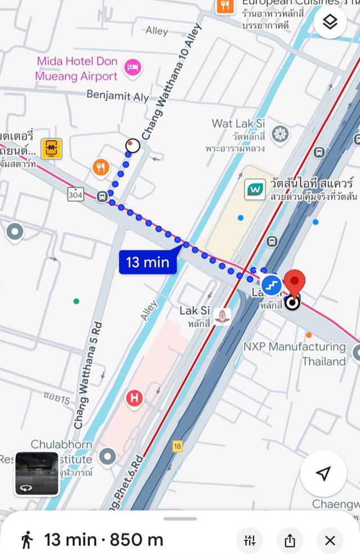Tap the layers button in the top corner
click(x=330, y=23)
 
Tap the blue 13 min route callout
click(x=148, y=262)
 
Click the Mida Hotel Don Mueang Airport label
click(x=76, y=69)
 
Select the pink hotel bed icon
click(x=133, y=68)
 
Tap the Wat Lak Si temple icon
click(x=280, y=135)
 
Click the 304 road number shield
click(x=76, y=194)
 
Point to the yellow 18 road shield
click(x=178, y=446)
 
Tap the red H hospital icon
click(x=134, y=398)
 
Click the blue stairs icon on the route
click(x=271, y=285)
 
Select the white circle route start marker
click(x=133, y=146)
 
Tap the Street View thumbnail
click(x=37, y=473)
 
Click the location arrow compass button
click(x=323, y=473)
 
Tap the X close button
click(x=330, y=541)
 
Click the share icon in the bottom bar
click(x=290, y=541)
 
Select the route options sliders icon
click(x=250, y=541)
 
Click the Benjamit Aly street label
click(x=118, y=96)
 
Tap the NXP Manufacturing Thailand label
click(x=303, y=353)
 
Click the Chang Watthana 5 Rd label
click(x=88, y=375)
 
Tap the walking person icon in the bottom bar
click(x=26, y=540)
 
